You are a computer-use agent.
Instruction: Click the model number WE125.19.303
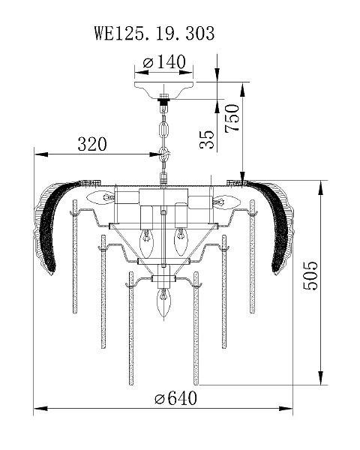coord(154,33)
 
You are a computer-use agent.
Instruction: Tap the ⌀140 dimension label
coord(164,61)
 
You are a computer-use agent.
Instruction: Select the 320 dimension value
coord(92,144)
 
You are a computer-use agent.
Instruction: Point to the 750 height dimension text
coord(232,118)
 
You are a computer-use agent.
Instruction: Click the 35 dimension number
coord(207,139)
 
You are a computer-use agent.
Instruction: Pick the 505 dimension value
coord(310,275)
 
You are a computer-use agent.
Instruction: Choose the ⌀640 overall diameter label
coord(175,398)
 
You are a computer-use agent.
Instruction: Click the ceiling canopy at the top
coord(164,90)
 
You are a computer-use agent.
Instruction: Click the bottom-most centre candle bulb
coord(163,302)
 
